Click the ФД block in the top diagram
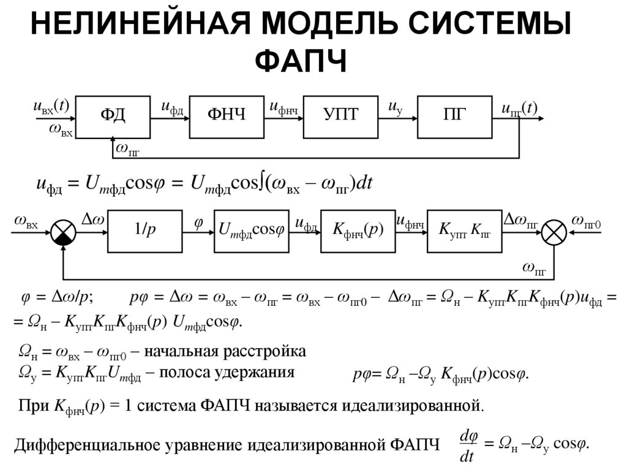(113, 116)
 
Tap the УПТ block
(340, 116)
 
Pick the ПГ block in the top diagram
(455, 116)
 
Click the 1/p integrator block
(145, 231)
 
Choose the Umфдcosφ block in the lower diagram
(252, 231)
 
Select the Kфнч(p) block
(358, 231)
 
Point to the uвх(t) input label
(51, 106)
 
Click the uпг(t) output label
(519, 108)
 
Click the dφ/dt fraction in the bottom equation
(468, 445)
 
